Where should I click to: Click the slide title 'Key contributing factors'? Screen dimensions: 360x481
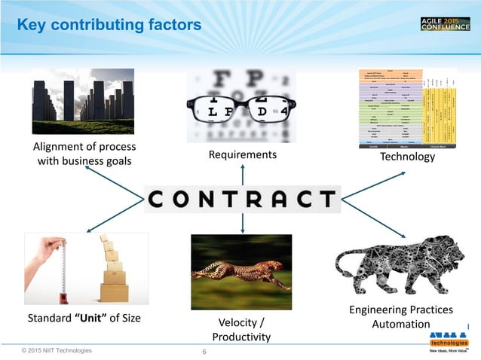(x=109, y=26)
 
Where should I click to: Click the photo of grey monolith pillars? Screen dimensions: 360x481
(x=83, y=101)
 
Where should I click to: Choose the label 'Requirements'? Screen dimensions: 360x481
(x=242, y=155)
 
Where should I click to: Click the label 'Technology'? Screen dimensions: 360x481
(x=408, y=157)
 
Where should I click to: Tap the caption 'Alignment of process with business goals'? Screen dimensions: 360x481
(x=83, y=154)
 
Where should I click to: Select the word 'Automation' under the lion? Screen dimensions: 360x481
(x=401, y=324)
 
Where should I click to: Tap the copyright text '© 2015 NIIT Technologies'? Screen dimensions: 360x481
(x=57, y=350)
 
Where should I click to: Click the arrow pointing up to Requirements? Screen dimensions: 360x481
(x=242, y=175)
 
